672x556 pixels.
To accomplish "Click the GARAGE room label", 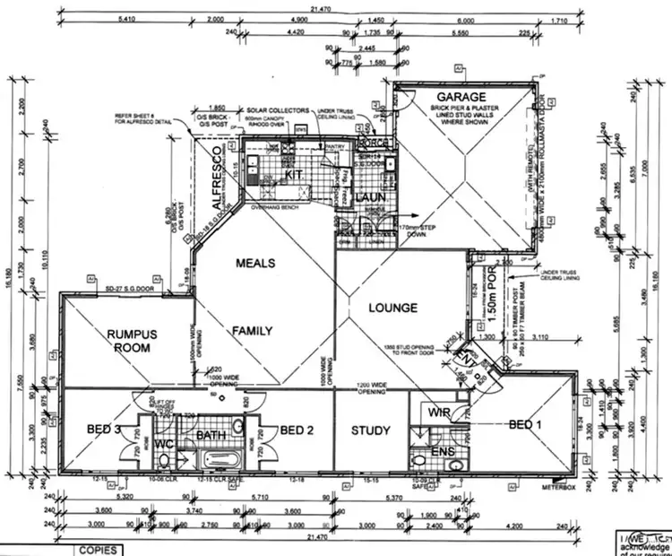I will (461, 96).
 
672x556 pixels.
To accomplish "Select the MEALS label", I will (255, 263).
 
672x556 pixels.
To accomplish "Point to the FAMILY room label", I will (252, 331).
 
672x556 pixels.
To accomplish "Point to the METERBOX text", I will (557, 487).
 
